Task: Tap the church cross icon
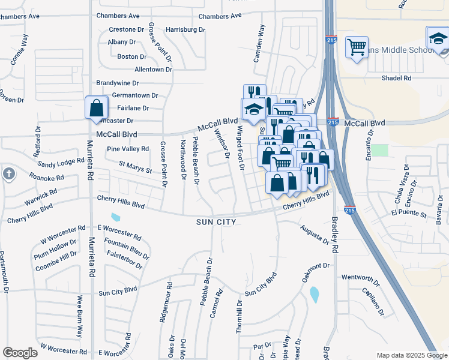tap(8, 174)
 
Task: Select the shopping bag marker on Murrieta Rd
tap(96, 109)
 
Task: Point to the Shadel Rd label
tap(397, 78)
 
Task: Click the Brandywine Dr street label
tap(118, 83)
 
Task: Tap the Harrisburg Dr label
tap(185, 29)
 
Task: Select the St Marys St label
tap(135, 166)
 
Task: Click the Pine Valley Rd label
tap(127, 149)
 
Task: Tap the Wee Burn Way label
tap(79, 324)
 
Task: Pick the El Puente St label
tap(408, 214)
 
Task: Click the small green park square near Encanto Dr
tap(379, 150)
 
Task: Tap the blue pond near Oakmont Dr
tap(315, 295)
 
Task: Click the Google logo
tap(20, 353)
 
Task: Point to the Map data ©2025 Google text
tap(411, 355)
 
